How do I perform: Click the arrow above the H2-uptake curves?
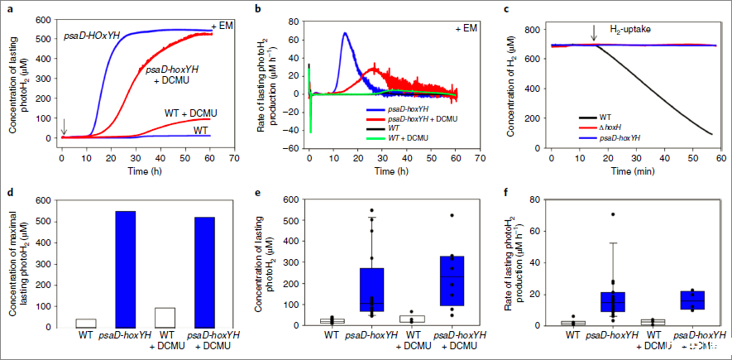[594, 33]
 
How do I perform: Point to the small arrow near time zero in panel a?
[64, 125]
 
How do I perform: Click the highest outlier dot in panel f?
[612, 214]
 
